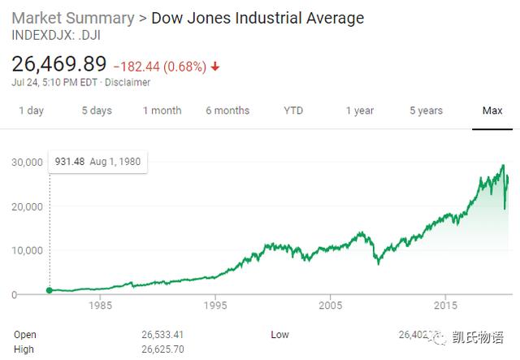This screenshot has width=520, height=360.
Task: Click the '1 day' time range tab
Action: (x=31, y=111)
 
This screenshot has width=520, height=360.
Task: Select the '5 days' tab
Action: (x=96, y=111)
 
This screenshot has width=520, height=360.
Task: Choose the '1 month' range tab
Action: (x=162, y=111)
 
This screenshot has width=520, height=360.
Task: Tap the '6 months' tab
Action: (x=228, y=111)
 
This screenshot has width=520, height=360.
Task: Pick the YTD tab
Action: (x=293, y=111)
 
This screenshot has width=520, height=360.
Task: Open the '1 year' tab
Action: (x=359, y=111)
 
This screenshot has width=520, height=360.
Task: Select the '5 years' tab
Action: (x=426, y=111)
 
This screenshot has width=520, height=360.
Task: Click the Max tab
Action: (x=492, y=111)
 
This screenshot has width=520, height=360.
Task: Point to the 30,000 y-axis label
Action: (x=26, y=163)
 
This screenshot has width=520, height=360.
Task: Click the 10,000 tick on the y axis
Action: (x=26, y=250)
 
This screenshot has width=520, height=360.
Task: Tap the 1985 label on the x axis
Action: (x=101, y=306)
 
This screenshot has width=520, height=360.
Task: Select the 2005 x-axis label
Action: (x=330, y=306)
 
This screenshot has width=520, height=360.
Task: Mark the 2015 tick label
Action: (x=444, y=306)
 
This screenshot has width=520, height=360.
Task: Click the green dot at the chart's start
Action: (x=50, y=290)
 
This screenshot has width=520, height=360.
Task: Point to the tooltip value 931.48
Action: (x=70, y=161)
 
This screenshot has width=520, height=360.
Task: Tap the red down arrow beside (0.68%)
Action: (x=214, y=65)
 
